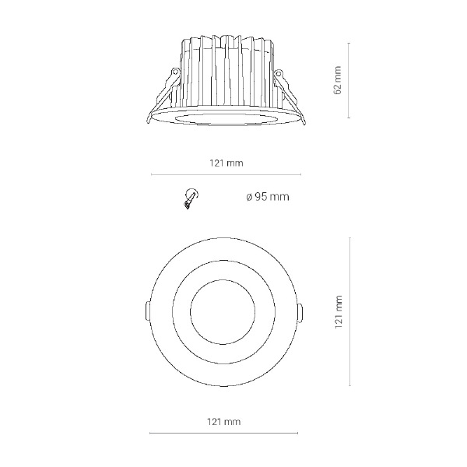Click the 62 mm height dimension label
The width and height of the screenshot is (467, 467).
pyautogui.click(x=338, y=80)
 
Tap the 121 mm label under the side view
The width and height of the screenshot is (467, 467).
pyautogui.click(x=226, y=163)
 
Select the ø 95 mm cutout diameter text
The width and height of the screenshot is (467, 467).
pyautogui.click(x=268, y=197)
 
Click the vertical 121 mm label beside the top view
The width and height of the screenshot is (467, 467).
pyautogui.click(x=339, y=312)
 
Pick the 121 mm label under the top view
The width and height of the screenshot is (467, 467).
pyautogui.click(x=223, y=422)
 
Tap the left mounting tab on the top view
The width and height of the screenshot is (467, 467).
pyautogui.click(x=147, y=311)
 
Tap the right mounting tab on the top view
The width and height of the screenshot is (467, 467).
pyautogui.click(x=300, y=313)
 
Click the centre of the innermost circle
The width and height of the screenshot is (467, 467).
pyautogui.click(x=223, y=312)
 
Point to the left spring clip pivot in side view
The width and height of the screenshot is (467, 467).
pyautogui.click(x=175, y=72)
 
